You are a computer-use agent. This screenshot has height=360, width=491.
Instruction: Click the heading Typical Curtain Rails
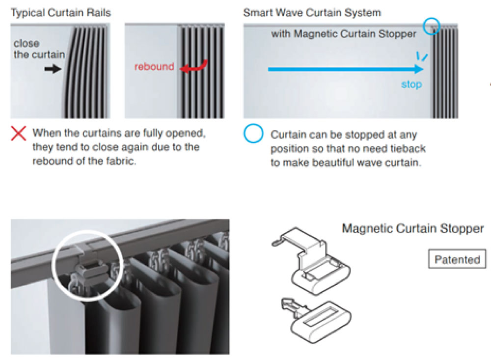pos(61,13)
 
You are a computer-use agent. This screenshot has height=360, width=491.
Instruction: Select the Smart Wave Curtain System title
pos(312,13)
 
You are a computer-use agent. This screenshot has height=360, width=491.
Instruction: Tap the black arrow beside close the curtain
pos(53,69)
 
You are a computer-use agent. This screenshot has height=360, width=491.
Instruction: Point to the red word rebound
pos(154,66)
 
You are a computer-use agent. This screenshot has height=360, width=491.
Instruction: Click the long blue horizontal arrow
pos(346,69)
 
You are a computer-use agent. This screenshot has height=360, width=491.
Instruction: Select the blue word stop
pos(411,84)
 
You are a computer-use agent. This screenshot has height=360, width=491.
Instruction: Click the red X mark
pos(19,134)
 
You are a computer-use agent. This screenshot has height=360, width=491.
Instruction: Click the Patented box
pos(457,259)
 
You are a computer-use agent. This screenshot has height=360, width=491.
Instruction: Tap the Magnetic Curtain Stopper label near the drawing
pos(413,228)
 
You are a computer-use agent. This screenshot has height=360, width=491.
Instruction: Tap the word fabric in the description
pos(121,161)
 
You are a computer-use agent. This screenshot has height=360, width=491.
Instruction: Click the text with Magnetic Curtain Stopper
pos(344,34)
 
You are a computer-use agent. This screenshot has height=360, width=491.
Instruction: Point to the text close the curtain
pos(39,49)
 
